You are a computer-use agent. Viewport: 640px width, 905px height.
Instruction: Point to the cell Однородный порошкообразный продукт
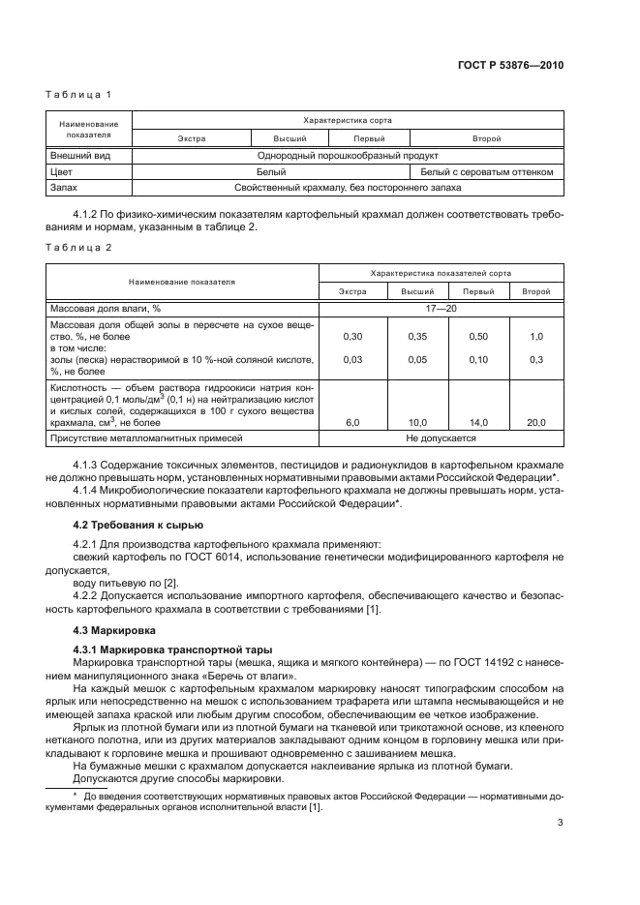click(348, 155)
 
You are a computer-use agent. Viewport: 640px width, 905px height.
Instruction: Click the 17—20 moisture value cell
click(441, 309)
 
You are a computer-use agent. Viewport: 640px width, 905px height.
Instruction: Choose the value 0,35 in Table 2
click(416, 336)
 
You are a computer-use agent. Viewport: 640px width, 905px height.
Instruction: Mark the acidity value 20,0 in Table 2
click(535, 422)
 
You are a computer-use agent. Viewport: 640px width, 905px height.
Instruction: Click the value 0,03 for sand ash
click(352, 360)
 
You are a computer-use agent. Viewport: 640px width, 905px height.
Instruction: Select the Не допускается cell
click(441, 438)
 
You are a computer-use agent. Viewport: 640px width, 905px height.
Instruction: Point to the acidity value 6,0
click(352, 422)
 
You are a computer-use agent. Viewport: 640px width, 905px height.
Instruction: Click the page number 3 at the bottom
click(561, 824)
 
